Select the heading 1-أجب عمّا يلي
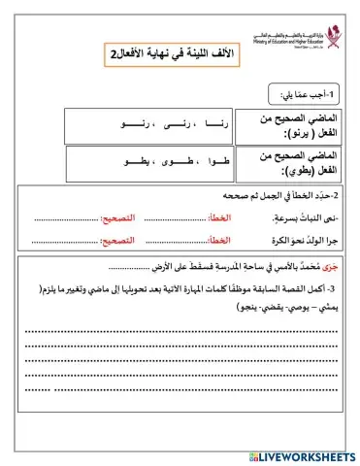307,95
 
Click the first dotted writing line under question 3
180,331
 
